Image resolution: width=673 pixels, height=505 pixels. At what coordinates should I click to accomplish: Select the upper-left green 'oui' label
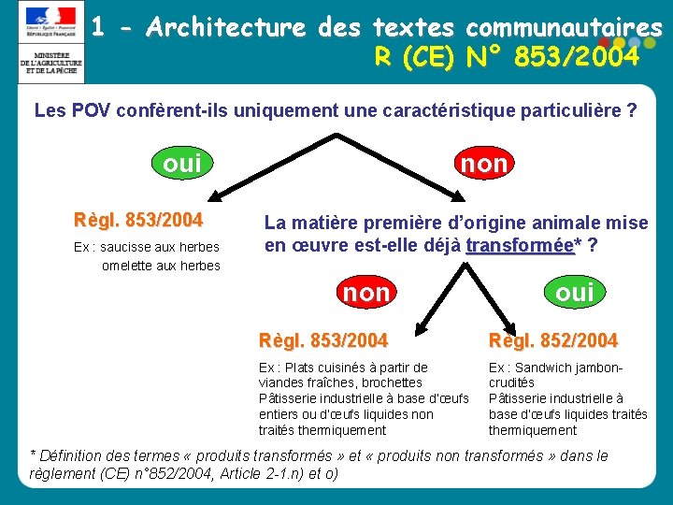pos(181,164)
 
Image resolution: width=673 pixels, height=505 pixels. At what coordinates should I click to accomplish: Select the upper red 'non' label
pos(484,164)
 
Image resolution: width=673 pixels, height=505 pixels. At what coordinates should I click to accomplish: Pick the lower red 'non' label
pos(366,293)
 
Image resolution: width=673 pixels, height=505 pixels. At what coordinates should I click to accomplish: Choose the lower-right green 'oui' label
pos(575,292)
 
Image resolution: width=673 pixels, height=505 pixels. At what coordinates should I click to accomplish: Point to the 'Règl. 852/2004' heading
pos(552,339)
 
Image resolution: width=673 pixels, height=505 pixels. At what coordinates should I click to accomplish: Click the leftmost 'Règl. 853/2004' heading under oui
pos(138,221)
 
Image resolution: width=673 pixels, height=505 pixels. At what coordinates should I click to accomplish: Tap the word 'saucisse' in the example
pos(123,247)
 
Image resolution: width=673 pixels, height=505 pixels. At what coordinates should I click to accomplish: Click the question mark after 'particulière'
pos(633,111)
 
